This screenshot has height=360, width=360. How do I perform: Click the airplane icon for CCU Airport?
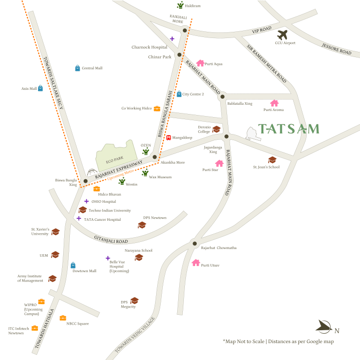282,35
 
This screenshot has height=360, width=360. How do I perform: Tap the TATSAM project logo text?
289,129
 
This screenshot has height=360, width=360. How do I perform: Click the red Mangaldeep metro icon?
168,138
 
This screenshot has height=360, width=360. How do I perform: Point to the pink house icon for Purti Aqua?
200,64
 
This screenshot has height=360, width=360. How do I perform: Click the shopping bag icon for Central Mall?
78,68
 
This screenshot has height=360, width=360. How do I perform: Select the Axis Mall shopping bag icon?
40,88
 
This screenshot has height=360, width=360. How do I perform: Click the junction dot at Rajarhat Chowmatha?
194,243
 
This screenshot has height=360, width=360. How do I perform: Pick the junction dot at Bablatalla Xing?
222,97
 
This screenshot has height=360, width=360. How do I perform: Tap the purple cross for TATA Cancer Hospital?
79,218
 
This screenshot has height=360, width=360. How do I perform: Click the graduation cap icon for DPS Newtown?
142,225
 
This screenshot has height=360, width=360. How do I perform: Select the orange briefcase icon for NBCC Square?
63,318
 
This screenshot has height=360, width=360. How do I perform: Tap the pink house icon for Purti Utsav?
195,262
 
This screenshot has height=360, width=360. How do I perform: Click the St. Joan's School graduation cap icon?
272,160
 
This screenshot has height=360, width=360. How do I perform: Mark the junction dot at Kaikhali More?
184,30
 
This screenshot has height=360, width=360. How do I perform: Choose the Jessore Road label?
336,49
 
